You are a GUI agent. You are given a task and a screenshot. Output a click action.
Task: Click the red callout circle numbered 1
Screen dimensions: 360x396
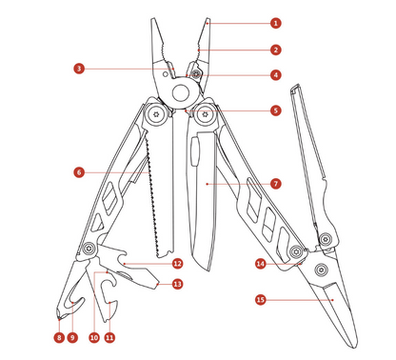click(275, 21)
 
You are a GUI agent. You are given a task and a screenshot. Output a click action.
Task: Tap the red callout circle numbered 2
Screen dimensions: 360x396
click(275, 50)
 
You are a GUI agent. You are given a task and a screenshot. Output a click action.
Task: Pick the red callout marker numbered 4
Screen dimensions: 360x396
click(275, 74)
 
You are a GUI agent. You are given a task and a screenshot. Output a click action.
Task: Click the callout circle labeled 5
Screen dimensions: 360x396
click(275, 110)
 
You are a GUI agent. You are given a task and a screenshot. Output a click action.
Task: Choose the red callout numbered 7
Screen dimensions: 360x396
click(275, 182)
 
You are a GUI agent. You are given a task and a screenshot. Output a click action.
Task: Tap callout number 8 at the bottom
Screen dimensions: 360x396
click(58, 336)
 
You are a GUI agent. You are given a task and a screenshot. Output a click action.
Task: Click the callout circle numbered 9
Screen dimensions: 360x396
click(72, 336)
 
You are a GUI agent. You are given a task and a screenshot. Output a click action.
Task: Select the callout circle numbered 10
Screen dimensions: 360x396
click(94, 336)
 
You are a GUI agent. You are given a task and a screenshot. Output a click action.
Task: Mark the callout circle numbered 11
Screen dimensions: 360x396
click(109, 336)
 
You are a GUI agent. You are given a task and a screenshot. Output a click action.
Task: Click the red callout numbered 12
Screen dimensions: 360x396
click(177, 263)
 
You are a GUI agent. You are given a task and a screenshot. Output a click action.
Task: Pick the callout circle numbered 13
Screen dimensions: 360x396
click(177, 283)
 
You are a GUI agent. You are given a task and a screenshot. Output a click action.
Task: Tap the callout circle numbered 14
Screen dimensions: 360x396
click(261, 263)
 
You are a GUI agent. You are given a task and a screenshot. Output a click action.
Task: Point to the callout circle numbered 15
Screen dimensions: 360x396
click(261, 298)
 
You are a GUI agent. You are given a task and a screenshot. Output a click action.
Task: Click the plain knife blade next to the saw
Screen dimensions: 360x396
click(206, 200)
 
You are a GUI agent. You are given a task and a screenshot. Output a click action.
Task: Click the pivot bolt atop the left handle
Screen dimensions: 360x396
click(152, 117)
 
